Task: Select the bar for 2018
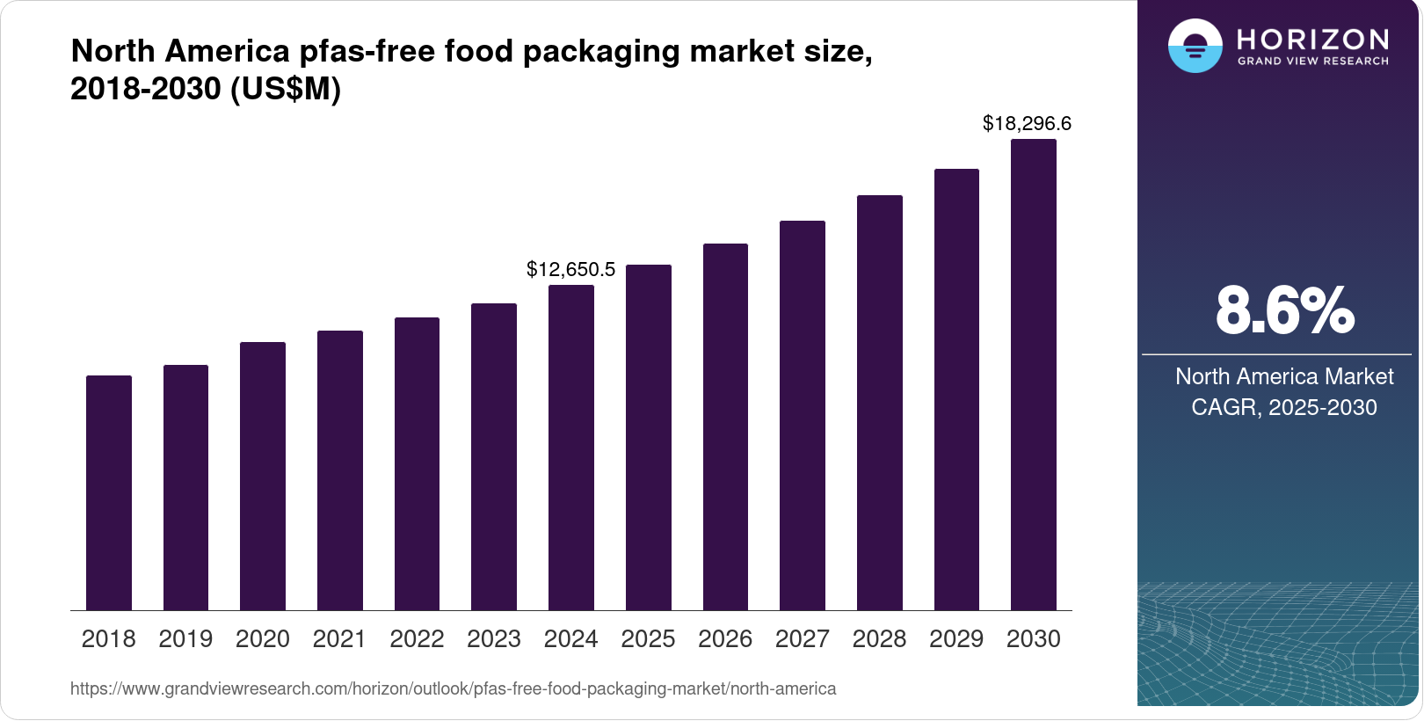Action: [109, 492]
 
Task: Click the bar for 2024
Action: [571, 448]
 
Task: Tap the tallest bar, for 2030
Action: [1034, 375]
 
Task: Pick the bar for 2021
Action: [340, 470]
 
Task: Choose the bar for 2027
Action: [803, 415]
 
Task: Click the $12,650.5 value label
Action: [570, 269]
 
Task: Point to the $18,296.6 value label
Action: [1027, 123]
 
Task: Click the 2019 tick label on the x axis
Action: [185, 639]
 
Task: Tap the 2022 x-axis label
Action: [417, 639]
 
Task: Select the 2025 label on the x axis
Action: [648, 639]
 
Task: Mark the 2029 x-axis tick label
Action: [956, 639]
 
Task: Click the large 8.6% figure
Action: [1284, 310]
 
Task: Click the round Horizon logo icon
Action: [1195, 46]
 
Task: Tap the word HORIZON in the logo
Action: [1312, 39]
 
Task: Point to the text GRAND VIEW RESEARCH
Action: [1312, 62]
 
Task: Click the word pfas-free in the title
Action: [367, 51]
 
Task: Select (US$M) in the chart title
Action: [285, 89]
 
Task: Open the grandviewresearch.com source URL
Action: [453, 688]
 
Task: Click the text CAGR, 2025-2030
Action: [1283, 407]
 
